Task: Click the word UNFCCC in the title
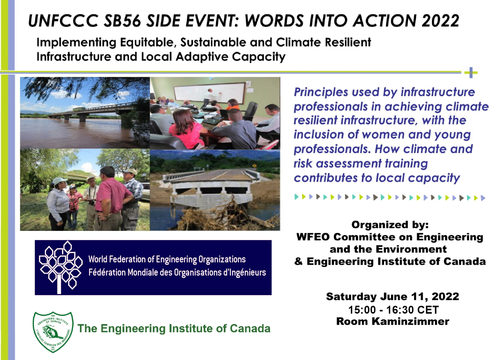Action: point(63,21)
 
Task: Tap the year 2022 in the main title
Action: point(440,21)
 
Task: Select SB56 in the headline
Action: point(122,21)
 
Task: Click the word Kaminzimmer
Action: point(410,321)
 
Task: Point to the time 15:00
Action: point(362,310)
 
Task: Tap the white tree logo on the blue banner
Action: point(60,267)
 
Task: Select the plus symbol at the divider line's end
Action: point(471,73)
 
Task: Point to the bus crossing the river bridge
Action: point(79,109)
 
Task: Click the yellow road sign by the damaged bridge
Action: point(255,166)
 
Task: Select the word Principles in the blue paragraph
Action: point(321,92)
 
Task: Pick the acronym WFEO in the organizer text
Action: point(313,237)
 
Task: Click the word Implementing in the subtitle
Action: point(76,43)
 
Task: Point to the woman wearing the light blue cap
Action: point(58,203)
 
